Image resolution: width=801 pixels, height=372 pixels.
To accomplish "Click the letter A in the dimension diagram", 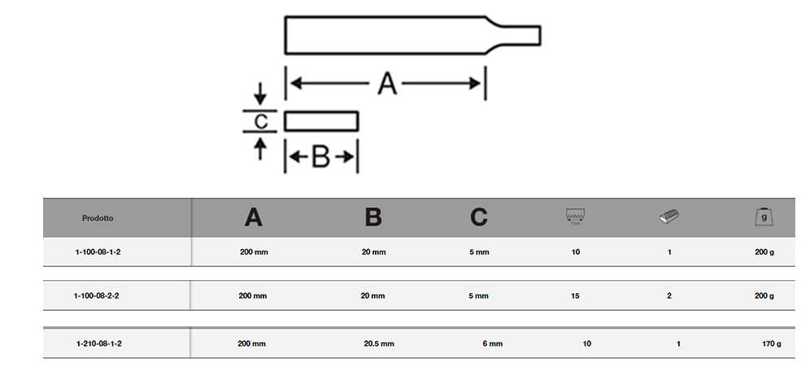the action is (x=387, y=83).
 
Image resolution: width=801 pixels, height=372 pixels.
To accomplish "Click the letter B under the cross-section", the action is (x=320, y=156).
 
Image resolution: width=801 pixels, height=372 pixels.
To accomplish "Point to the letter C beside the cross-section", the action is (x=260, y=122).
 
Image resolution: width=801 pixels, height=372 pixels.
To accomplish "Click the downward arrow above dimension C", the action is (x=260, y=94).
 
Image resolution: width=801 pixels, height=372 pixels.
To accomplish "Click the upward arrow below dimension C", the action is (x=260, y=149).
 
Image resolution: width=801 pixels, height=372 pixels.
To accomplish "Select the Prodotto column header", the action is (x=98, y=218).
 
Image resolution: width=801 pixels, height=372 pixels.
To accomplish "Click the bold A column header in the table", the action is (x=254, y=217).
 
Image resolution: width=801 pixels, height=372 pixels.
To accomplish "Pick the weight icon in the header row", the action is (x=764, y=217).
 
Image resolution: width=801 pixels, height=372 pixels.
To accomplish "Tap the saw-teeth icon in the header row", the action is (x=575, y=216).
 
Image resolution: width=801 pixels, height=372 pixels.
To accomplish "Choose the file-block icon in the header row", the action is (x=668, y=217).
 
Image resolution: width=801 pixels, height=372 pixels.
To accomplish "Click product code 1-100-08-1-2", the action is (x=98, y=252).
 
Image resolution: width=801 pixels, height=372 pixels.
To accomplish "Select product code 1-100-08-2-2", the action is (x=97, y=295).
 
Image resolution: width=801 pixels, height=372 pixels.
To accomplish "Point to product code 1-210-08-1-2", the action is (x=98, y=344).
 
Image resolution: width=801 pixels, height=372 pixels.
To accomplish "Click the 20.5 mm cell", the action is (x=379, y=344).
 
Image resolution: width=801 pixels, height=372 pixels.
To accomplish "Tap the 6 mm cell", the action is (x=493, y=344).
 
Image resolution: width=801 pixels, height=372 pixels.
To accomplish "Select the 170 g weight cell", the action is (x=772, y=344).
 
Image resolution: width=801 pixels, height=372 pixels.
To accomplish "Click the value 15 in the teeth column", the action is (x=575, y=295).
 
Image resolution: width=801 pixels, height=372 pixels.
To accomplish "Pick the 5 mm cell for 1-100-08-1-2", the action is (x=479, y=252).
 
